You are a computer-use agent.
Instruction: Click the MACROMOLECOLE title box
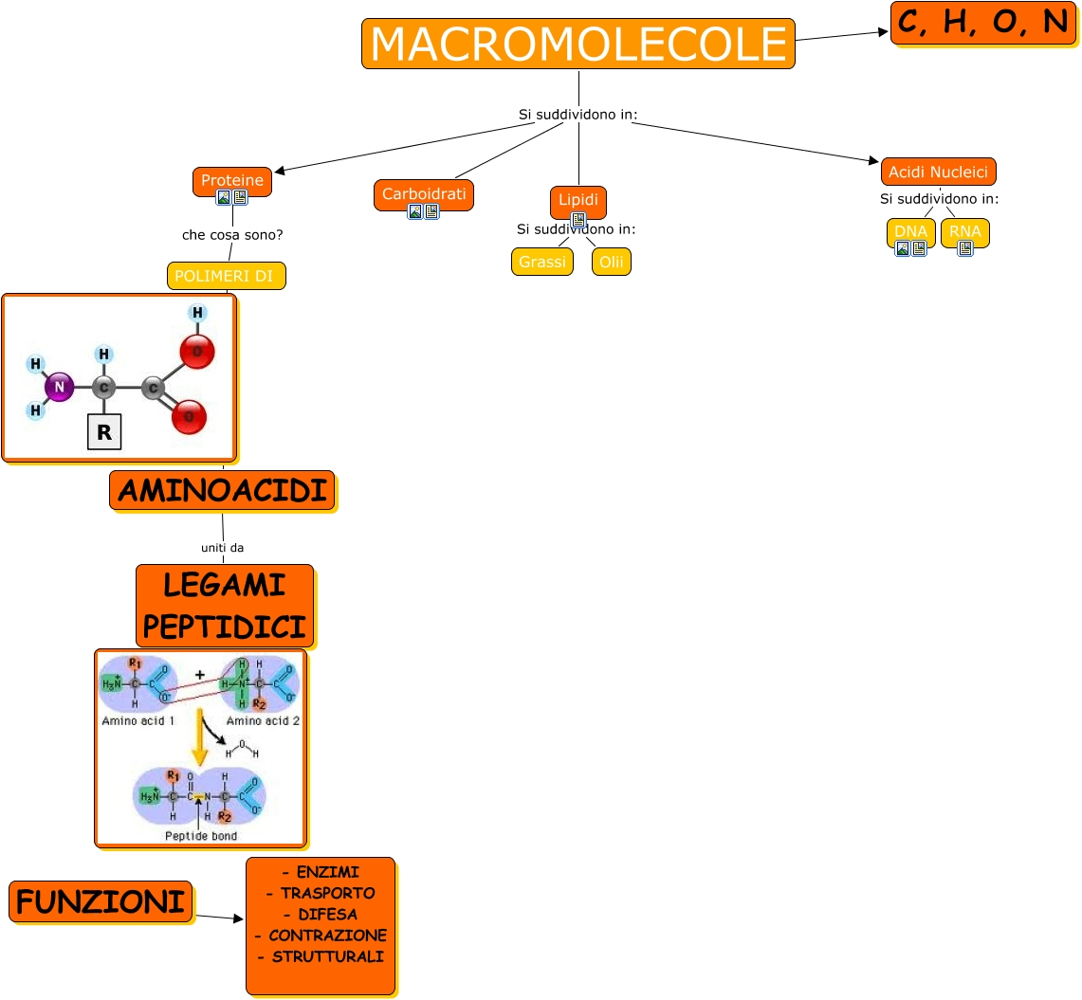578,44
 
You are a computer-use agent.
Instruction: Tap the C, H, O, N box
983,23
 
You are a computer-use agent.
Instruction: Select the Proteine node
232,179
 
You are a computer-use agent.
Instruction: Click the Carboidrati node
424,193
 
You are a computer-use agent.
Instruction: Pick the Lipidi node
578,200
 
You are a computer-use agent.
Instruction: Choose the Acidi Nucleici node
938,172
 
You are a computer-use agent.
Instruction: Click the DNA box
910,230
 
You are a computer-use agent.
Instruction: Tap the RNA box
964,230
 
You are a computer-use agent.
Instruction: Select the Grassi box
542,262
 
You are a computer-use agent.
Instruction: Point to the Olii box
612,262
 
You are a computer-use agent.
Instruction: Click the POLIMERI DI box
226,276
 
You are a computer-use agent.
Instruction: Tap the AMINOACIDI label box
222,491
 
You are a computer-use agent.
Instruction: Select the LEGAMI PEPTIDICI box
225,606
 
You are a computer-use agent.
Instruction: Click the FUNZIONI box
101,901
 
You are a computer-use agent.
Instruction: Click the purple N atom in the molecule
60,387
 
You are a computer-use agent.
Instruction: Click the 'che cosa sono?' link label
232,234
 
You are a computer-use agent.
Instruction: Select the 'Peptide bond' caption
201,836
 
